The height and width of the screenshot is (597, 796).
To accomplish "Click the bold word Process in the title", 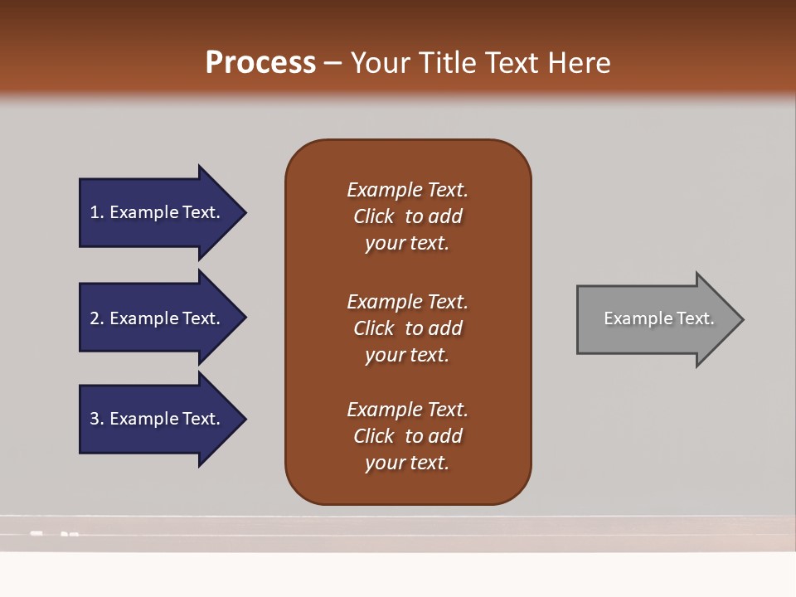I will click(260, 63).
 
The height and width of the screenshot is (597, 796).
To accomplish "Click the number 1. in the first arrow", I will click(97, 212).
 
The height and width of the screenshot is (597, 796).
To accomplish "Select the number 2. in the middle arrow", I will click(97, 318).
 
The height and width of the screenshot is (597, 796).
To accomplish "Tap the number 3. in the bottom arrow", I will click(97, 419).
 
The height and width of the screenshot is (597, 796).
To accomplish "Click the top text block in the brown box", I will click(407, 216).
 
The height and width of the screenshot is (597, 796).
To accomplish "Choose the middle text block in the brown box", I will click(407, 328).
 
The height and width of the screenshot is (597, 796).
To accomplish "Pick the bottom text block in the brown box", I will click(407, 436).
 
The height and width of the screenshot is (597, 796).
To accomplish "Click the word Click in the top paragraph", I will click(374, 216).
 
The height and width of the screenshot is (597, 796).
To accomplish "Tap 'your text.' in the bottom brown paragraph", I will click(407, 463).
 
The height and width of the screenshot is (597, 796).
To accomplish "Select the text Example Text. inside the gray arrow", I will click(658, 318).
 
